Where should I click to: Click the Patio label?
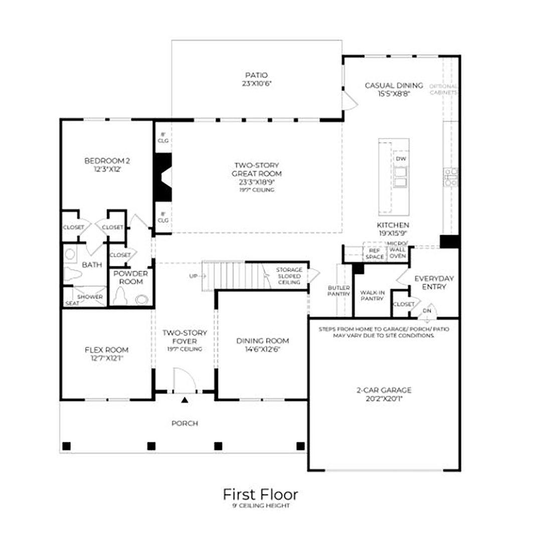tap(256, 75)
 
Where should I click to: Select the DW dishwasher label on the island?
tap(400, 159)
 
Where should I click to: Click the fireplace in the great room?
tap(163, 178)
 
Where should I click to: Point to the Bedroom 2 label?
tap(107, 161)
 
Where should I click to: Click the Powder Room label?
tap(130, 278)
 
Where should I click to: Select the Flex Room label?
tap(106, 350)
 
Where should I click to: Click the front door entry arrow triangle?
tap(185, 400)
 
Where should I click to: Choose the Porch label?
tap(185, 423)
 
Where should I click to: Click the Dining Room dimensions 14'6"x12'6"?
tap(262, 349)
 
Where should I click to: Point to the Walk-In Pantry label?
tap(372, 295)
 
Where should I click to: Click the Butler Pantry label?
tap(338, 291)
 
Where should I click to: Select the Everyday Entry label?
tap(434, 282)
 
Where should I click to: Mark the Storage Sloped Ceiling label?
tap(289, 276)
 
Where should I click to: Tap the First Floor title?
tap(260, 494)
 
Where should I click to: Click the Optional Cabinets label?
tap(443, 89)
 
